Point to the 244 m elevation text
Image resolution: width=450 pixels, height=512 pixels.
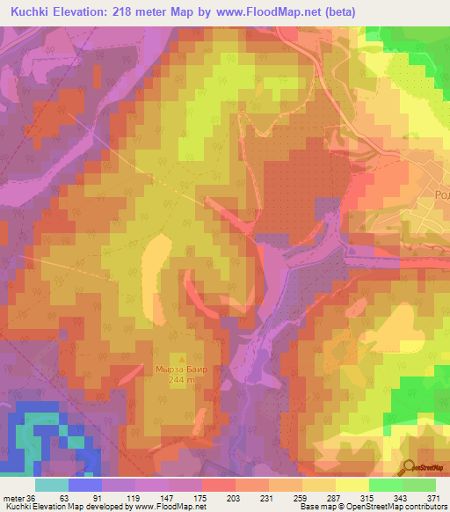[184, 379]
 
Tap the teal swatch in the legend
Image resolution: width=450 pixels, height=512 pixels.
[52, 485]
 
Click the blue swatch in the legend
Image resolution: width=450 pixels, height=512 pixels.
[85, 485]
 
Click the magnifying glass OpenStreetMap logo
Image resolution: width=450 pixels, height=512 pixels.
[410, 467]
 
